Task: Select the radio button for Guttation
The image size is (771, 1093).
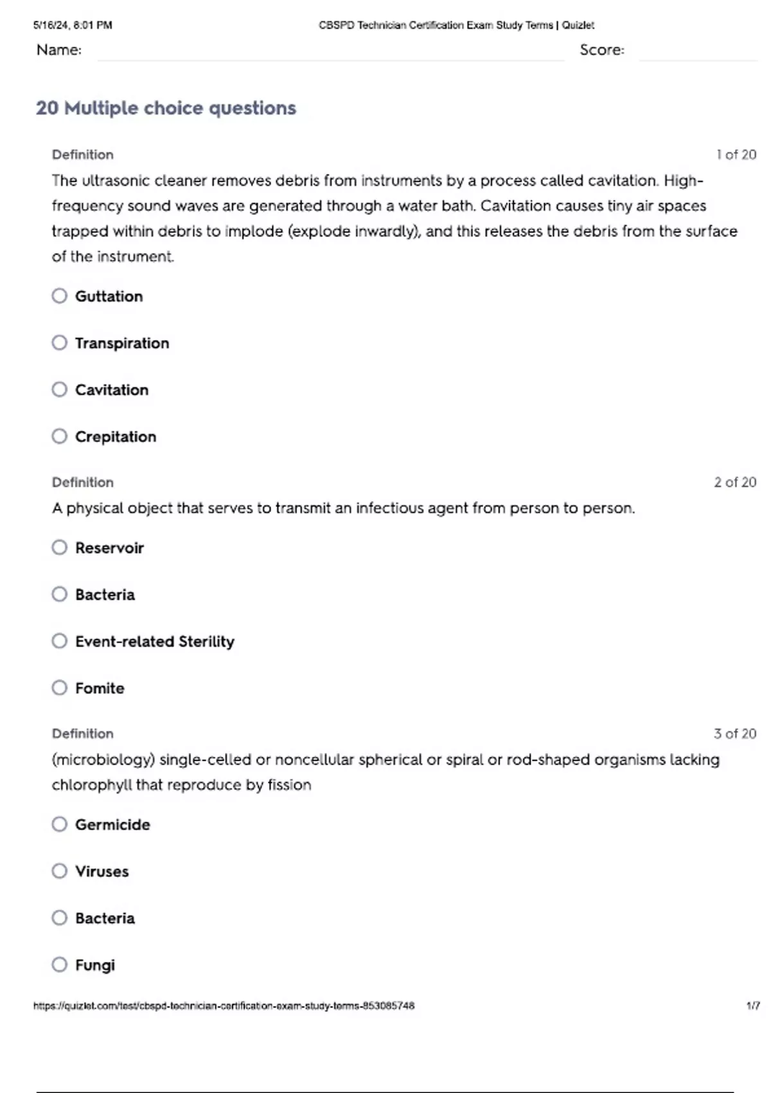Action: pyautogui.click(x=60, y=296)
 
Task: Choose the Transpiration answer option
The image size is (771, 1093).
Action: pyautogui.click(x=121, y=343)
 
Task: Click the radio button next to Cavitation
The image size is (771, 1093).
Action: pyautogui.click(x=60, y=390)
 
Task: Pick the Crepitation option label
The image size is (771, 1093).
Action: pyautogui.click(x=115, y=437)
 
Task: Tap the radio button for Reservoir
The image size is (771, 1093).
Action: pyautogui.click(x=60, y=548)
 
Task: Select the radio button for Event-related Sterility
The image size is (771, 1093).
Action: pyautogui.click(x=60, y=641)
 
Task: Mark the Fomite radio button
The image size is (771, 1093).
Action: pyautogui.click(x=60, y=688)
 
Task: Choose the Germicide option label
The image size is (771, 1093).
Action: pyautogui.click(x=112, y=825)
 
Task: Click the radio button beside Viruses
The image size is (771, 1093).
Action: pyautogui.click(x=60, y=871)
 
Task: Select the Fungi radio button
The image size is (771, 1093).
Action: pyautogui.click(x=60, y=964)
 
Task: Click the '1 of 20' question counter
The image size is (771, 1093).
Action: pyautogui.click(x=736, y=155)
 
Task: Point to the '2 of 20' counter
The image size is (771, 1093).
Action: pyautogui.click(x=735, y=482)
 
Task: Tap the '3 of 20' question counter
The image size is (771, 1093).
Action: pyautogui.click(x=735, y=734)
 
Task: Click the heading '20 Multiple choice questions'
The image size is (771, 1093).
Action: pyautogui.click(x=166, y=108)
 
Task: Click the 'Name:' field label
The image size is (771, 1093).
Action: pyautogui.click(x=59, y=50)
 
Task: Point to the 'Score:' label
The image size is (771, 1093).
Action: pyautogui.click(x=601, y=50)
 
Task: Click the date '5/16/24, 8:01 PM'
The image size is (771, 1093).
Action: pyautogui.click(x=73, y=25)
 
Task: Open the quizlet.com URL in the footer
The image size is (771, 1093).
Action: pyautogui.click(x=224, y=1006)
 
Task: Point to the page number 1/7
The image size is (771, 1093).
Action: pyautogui.click(x=753, y=1006)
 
